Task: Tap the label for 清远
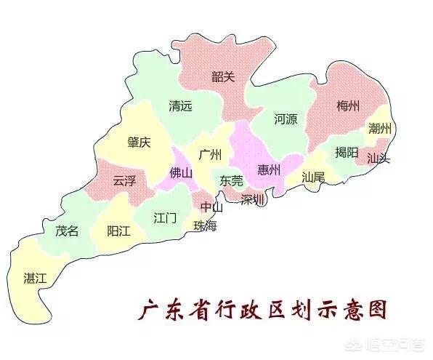click(180, 105)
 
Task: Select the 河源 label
click(286, 119)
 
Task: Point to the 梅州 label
click(348, 106)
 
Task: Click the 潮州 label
click(380, 129)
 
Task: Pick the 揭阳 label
click(347, 152)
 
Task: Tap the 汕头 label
click(378, 157)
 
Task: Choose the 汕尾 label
click(313, 177)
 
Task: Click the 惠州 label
click(269, 171)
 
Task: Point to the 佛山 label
click(181, 173)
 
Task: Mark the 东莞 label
click(232, 180)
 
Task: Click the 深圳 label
click(254, 199)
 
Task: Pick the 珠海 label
click(205, 225)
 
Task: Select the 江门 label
click(165, 217)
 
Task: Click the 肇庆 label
click(139, 142)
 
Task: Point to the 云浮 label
click(124, 181)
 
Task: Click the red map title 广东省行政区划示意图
click(262, 311)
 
